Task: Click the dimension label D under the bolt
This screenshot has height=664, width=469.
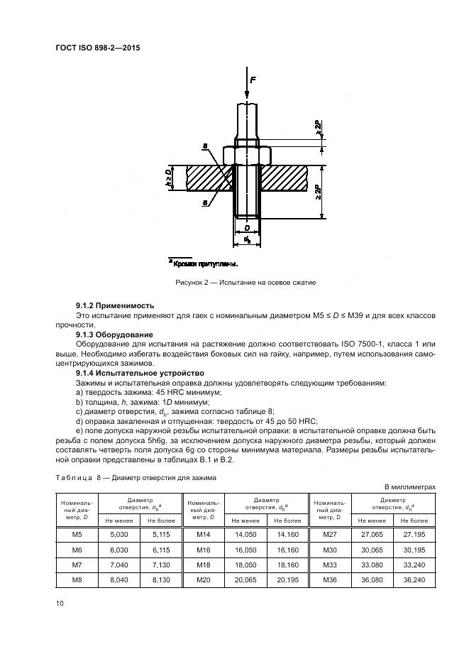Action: point(246,229)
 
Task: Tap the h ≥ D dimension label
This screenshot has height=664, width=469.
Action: point(169,178)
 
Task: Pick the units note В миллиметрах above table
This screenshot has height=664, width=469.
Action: point(409,486)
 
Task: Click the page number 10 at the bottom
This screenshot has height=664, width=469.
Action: point(59,603)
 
